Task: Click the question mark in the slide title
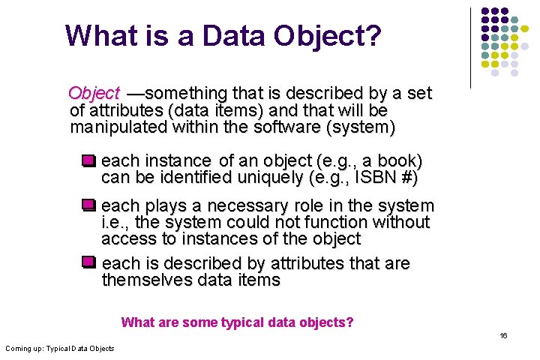pyautogui.click(x=371, y=35)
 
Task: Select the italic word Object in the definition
pyautogui.click(x=94, y=94)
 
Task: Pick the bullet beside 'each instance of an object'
pyautogui.click(x=89, y=160)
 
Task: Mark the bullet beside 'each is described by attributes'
pyautogui.click(x=89, y=262)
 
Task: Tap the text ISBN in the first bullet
pyautogui.click(x=377, y=178)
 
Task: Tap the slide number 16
pyautogui.click(x=504, y=336)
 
